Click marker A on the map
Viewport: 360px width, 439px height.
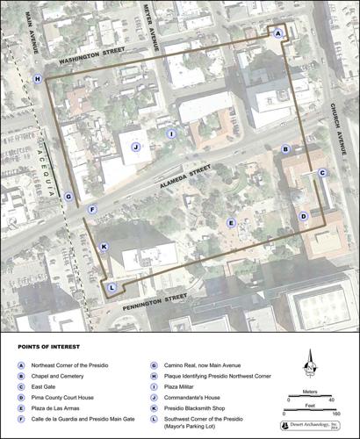278,32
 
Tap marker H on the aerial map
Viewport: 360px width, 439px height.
37,78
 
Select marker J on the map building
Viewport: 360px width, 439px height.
136,148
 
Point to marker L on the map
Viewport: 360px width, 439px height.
112,287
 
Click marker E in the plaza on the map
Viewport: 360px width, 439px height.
231,223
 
